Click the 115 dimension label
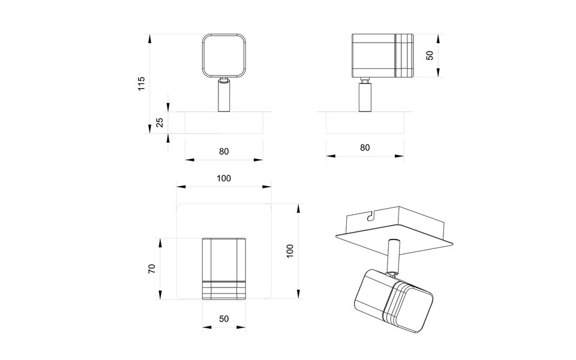tap(142, 83)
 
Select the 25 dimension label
tap(159, 123)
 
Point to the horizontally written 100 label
tap(224, 178)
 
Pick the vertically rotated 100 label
tap(289, 251)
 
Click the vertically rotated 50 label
tap(429, 55)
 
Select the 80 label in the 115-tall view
tap(224, 151)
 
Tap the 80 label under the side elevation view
tap(365, 148)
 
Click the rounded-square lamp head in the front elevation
tap(224, 55)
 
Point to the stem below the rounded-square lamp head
tap(224, 97)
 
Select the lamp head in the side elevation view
tap(382, 55)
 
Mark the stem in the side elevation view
tap(364, 98)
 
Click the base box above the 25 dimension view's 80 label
tap(224, 123)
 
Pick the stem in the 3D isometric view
tap(394, 256)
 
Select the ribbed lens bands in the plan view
tap(224, 289)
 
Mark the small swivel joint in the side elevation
tap(364, 80)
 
